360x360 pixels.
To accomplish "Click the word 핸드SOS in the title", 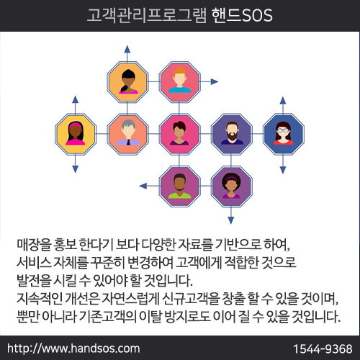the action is coord(242,15).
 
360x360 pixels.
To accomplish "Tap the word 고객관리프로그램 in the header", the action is coord(146,15).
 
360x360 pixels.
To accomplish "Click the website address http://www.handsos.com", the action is coord(73,348).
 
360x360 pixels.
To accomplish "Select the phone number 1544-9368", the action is coord(323,348).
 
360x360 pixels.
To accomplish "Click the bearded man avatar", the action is coord(232,134).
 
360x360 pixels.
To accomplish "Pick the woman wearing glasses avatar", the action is coord(284,134).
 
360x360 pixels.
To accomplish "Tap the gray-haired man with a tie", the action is coord(128,133).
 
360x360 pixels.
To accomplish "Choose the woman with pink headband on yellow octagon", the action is coord(76,134).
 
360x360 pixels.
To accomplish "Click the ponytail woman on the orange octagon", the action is coord(128,81).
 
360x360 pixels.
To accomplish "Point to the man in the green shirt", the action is coord(180,186).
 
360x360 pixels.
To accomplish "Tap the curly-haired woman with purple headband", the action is coord(231,186).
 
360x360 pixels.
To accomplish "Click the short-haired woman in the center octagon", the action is coord(179,133).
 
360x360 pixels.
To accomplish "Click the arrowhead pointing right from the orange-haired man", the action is coord(215,81).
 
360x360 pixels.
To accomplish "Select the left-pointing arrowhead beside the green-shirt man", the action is coord(143,186).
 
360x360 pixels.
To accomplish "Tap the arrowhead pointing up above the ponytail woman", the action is coord(127,49).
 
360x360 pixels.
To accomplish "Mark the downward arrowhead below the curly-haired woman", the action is coord(231,220).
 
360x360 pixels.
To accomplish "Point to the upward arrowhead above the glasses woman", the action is coord(283,100).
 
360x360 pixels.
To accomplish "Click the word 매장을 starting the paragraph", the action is coord(34,244).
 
